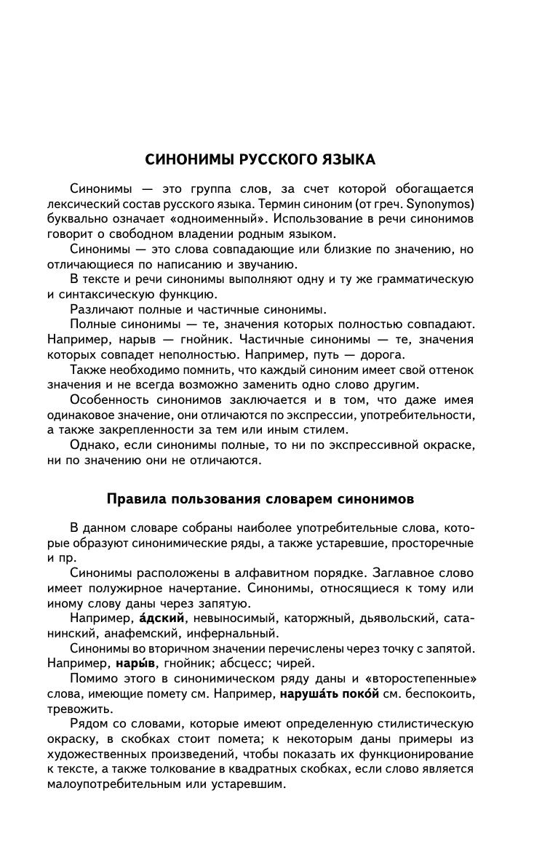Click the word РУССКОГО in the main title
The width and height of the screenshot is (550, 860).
266,159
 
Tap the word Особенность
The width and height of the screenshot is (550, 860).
113,400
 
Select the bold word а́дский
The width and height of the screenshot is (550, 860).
162,618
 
